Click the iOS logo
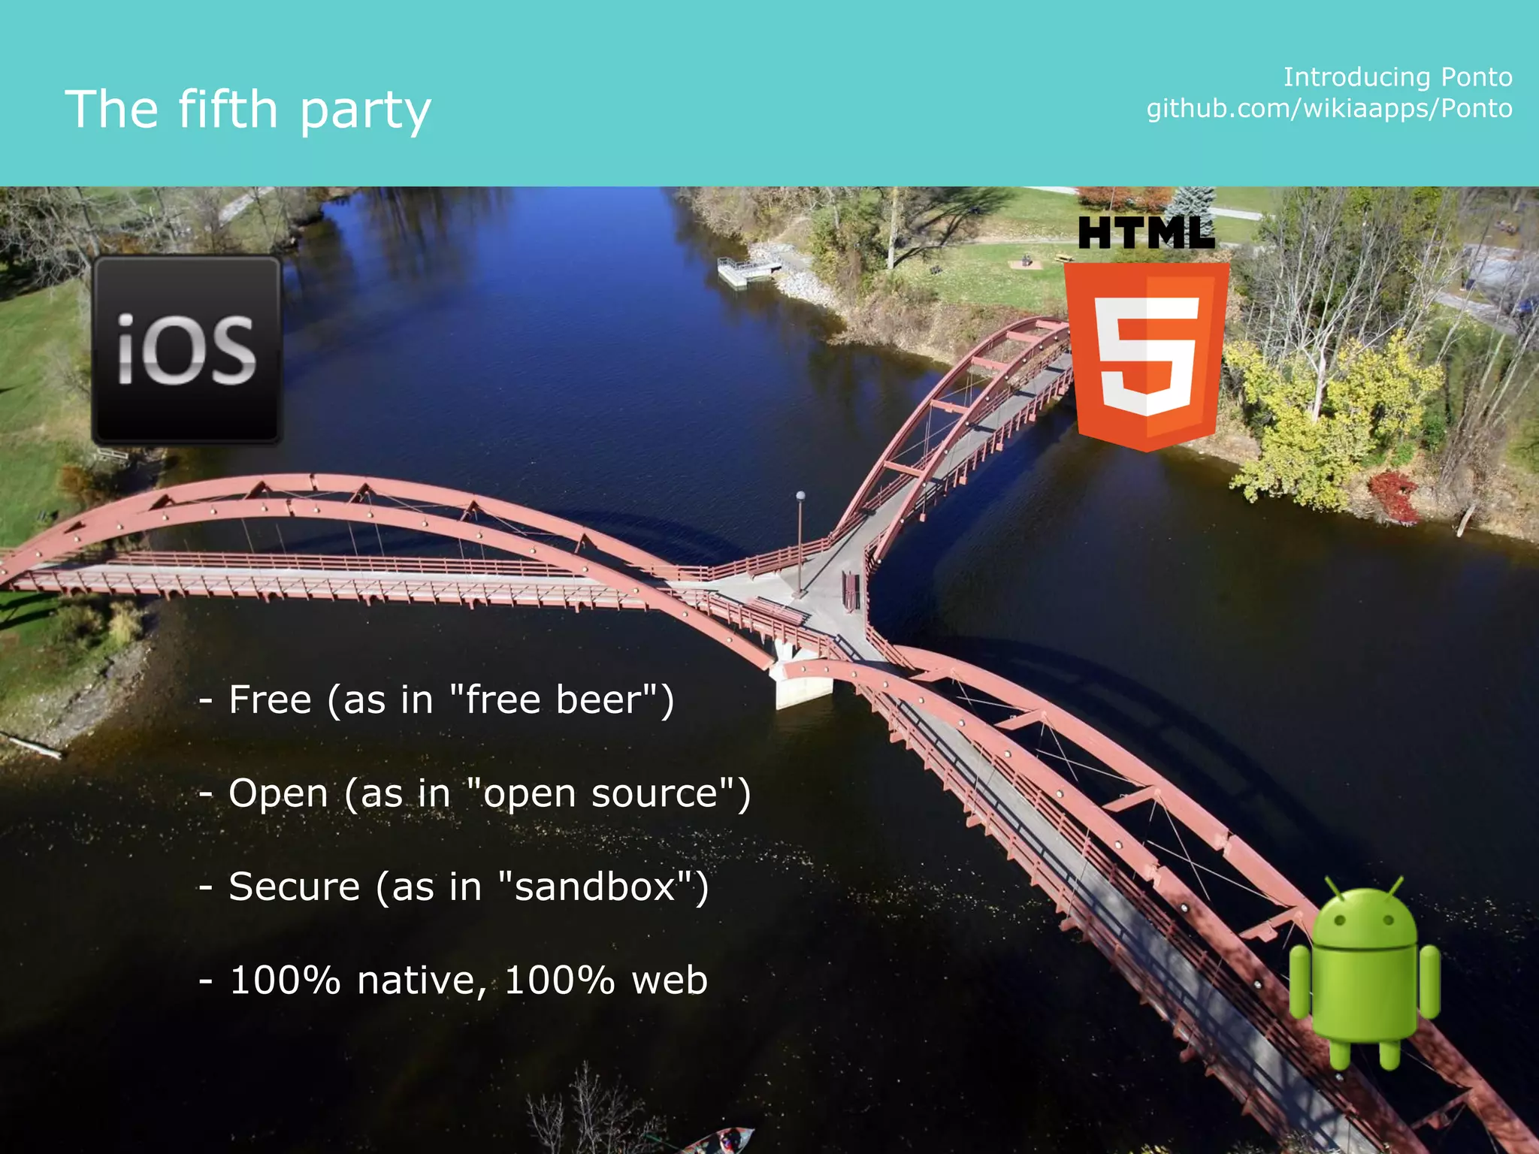pos(186,350)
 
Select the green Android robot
pos(1364,973)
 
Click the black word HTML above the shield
pos(1146,233)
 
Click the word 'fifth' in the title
pos(228,109)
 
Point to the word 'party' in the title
pos(365,111)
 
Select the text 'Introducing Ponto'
pos(1397,77)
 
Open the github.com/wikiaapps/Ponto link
pos(1329,109)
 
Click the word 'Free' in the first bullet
pos(270,699)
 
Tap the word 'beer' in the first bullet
pos(597,699)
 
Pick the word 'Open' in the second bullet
pos(278,794)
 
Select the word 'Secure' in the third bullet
pos(295,887)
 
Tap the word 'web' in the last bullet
pos(670,981)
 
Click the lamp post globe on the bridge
pos(800,496)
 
